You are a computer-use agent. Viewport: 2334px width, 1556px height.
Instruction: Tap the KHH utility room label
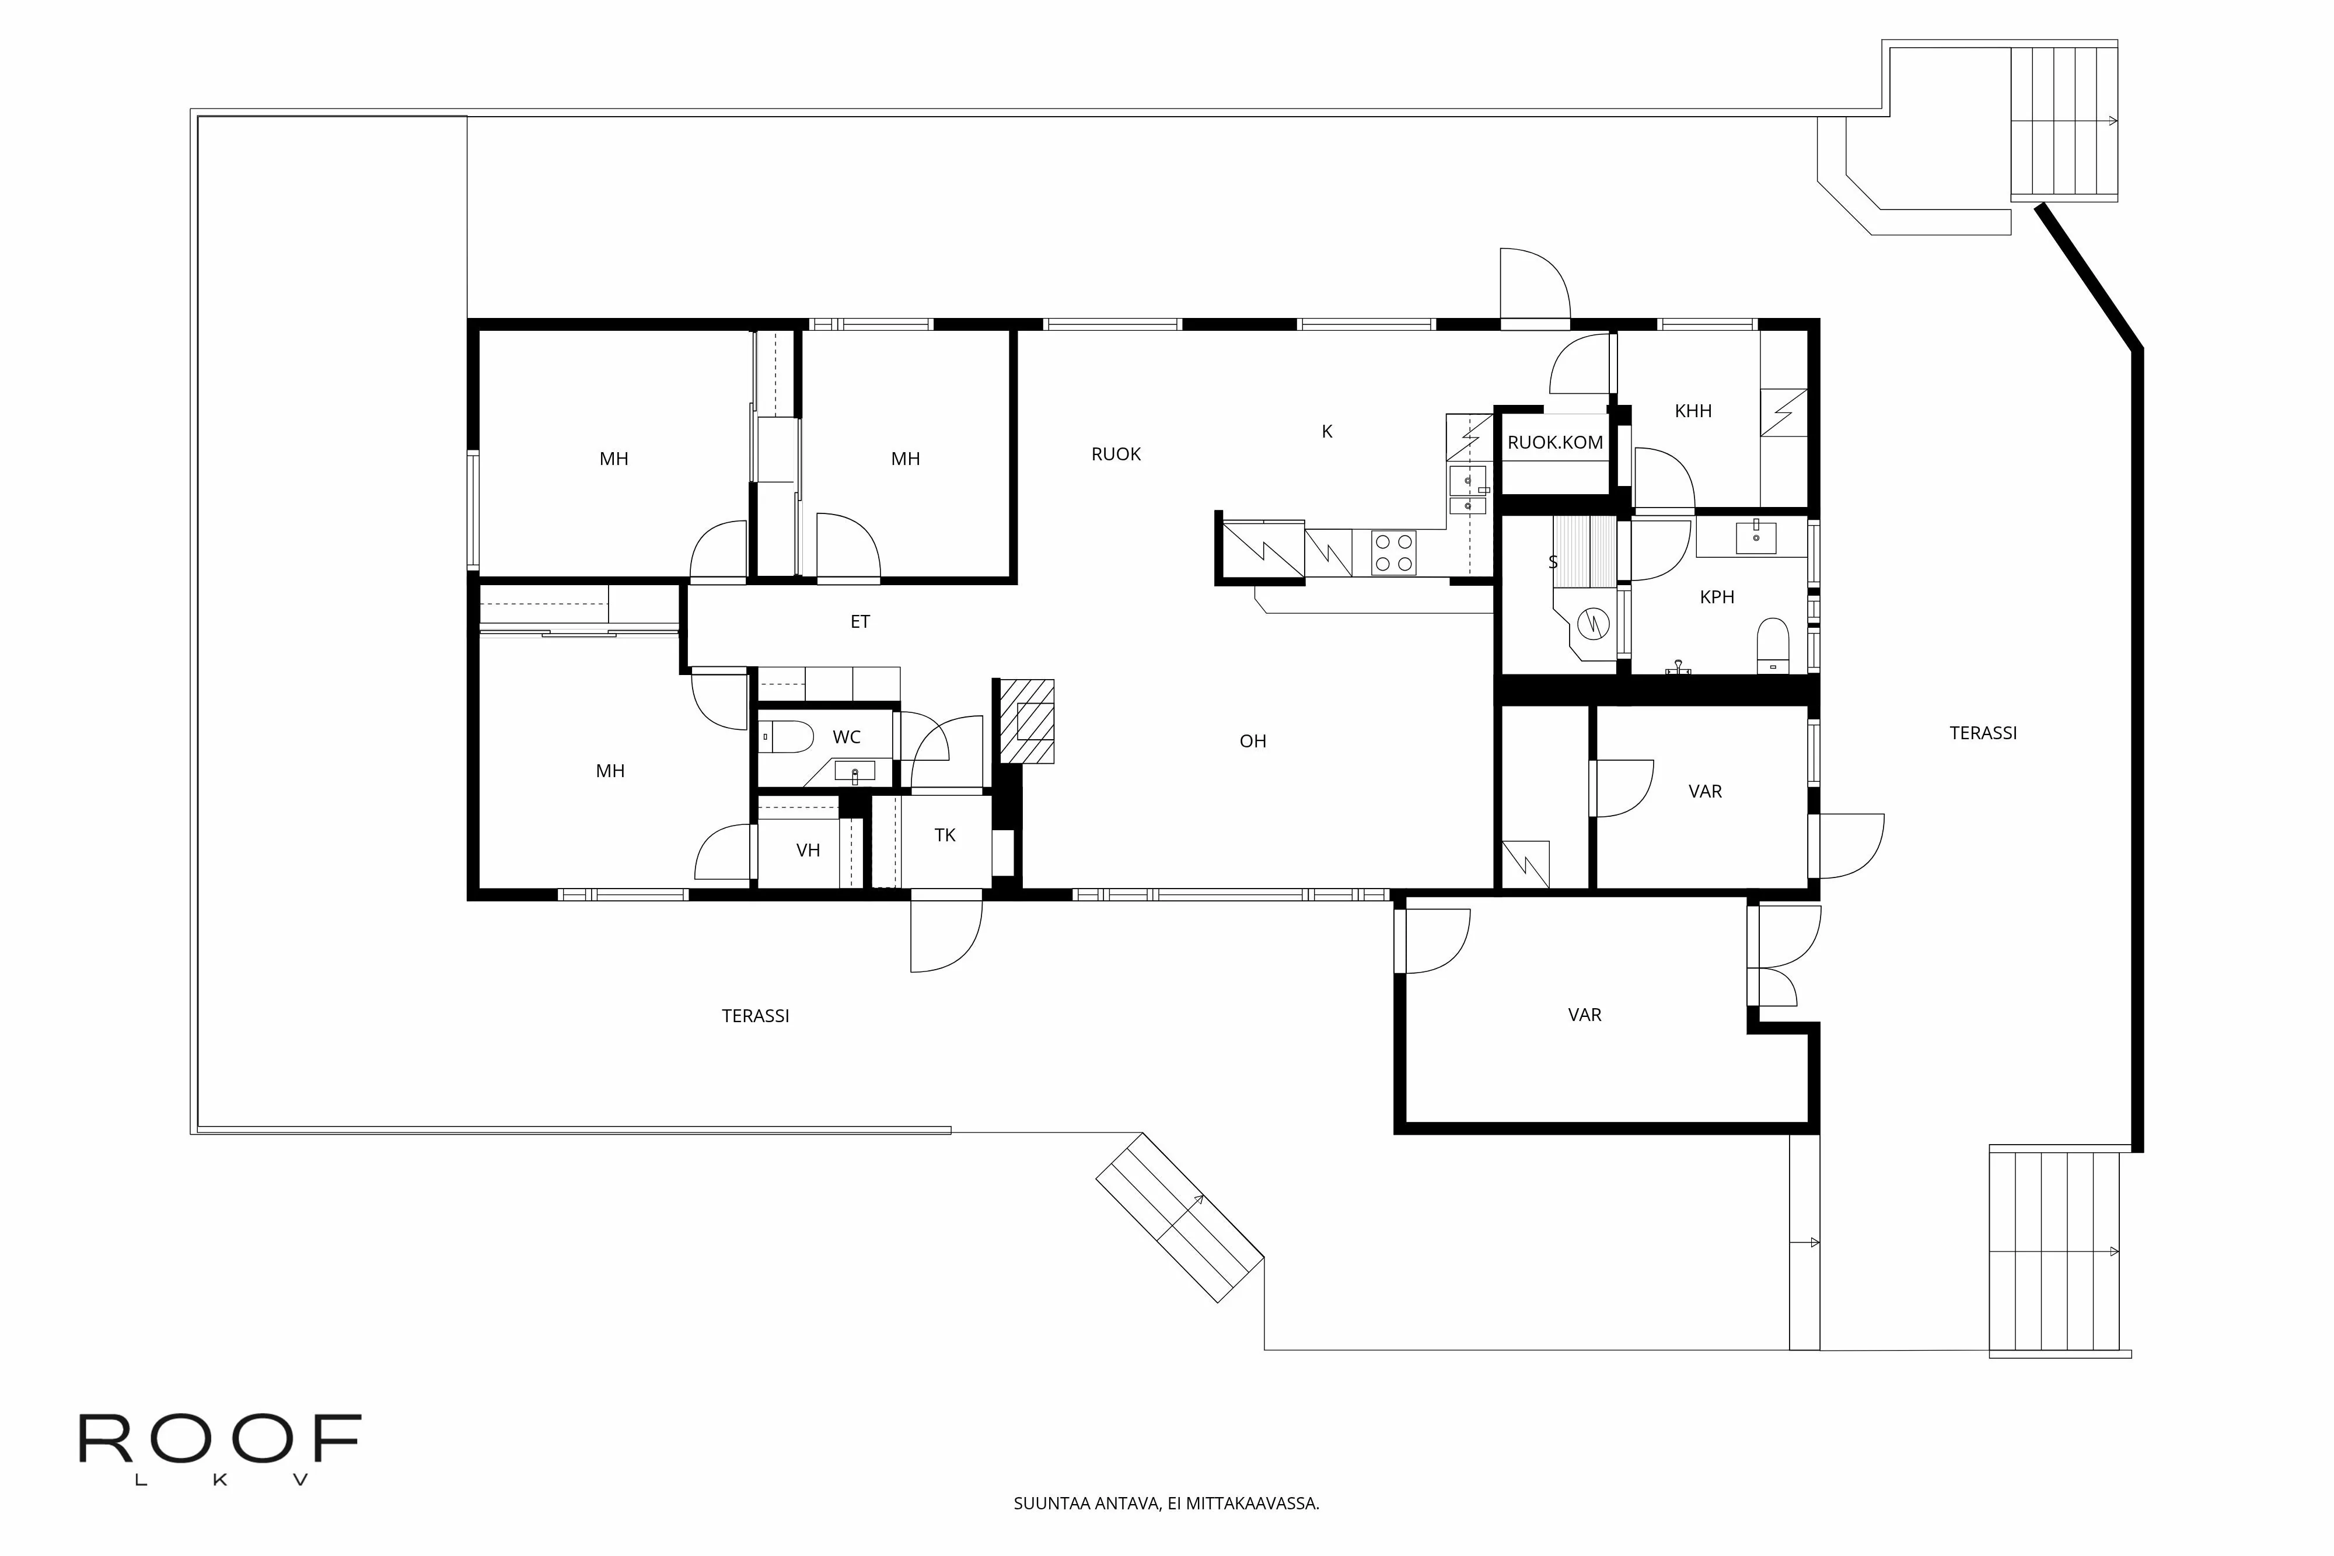1692,411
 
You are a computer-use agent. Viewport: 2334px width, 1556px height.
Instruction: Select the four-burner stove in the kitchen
1393,553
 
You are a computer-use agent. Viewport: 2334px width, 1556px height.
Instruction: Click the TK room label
945,835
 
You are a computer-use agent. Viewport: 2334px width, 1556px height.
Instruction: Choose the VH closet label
808,851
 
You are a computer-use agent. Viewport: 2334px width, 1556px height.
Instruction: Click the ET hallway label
859,622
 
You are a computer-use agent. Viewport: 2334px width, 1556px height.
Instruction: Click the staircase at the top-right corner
2063,121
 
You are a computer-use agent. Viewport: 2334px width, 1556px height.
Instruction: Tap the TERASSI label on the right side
1983,733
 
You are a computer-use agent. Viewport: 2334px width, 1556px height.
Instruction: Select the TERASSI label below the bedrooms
755,1016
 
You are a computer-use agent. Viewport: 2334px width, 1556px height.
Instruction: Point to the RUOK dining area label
1116,454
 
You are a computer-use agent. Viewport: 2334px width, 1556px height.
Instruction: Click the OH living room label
1252,742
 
